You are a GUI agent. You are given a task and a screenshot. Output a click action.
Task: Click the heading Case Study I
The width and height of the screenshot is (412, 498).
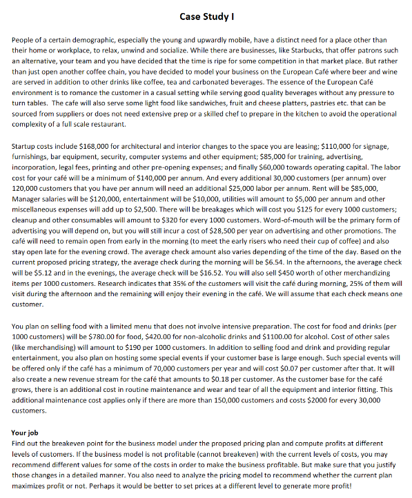tap(206, 16)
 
